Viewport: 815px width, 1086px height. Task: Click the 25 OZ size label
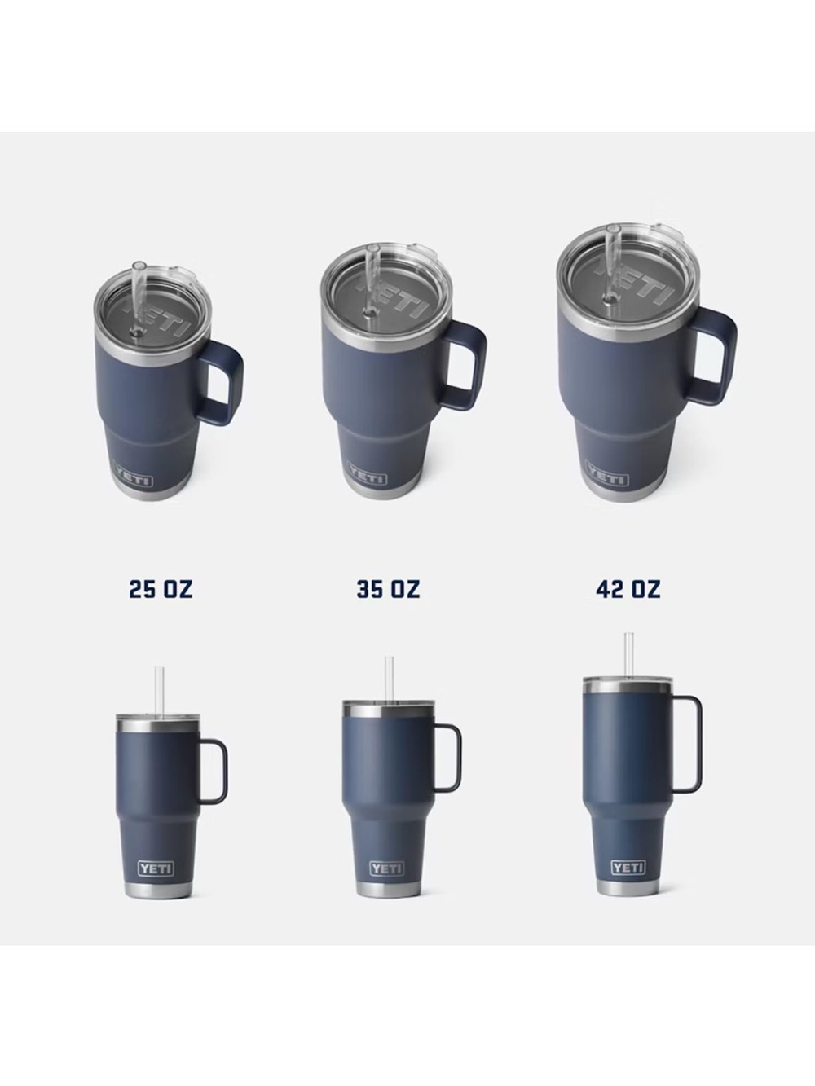[161, 589]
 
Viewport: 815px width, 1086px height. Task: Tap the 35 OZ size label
[388, 589]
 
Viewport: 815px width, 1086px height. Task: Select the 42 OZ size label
[628, 589]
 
